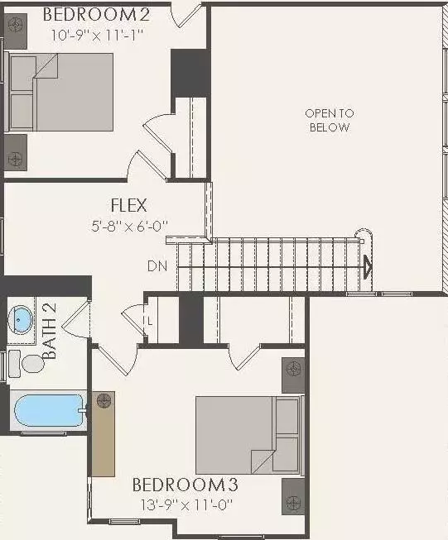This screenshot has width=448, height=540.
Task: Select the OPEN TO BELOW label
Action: pyautogui.click(x=329, y=121)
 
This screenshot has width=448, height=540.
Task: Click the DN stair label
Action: pyautogui.click(x=157, y=266)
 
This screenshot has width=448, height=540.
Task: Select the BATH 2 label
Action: pyautogui.click(x=50, y=331)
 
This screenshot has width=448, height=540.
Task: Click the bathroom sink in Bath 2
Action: pyautogui.click(x=21, y=318)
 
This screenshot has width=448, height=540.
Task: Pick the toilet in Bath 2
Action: pyautogui.click(x=29, y=363)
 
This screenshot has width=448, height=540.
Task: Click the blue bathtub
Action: pyautogui.click(x=48, y=410)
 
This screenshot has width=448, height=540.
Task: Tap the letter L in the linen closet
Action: pyautogui.click(x=149, y=320)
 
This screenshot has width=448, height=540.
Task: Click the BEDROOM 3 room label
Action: pyautogui.click(x=190, y=484)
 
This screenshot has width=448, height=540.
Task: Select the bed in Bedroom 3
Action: pyautogui.click(x=247, y=435)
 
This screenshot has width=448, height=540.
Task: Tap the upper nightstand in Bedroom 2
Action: pyautogui.click(x=16, y=25)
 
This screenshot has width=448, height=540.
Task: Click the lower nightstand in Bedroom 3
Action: pyautogui.click(x=293, y=496)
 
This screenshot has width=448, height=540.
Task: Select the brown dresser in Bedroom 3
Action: pyautogui.click(x=103, y=434)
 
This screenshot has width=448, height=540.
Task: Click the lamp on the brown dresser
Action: pyautogui.click(x=104, y=402)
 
